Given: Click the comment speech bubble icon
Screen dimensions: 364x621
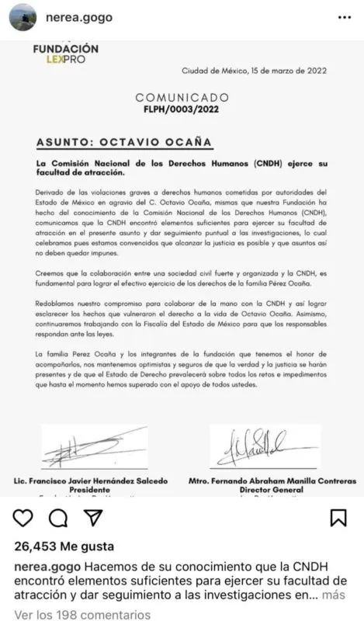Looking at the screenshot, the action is point(57,517).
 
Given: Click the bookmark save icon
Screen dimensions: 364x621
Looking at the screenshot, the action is point(338,517).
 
